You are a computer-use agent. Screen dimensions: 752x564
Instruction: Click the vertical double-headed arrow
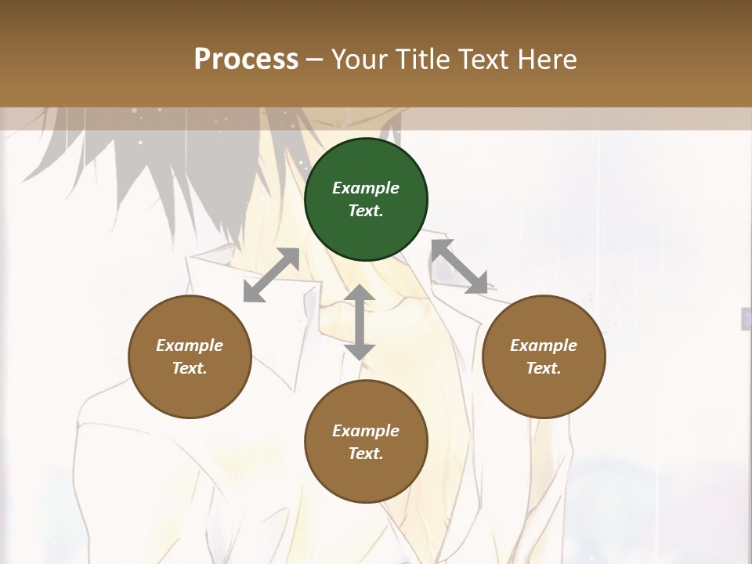point(360,322)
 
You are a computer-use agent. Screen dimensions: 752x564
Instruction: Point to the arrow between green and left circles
point(271,275)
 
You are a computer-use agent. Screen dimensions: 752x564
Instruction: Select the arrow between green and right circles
point(459,266)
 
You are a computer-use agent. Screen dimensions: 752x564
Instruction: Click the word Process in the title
point(246,59)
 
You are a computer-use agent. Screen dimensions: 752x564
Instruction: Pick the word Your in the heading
point(360,59)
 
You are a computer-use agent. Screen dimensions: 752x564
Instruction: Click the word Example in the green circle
point(366,188)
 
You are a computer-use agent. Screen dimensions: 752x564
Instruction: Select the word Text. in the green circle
point(366,211)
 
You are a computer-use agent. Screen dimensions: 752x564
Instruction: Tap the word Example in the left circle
point(190,345)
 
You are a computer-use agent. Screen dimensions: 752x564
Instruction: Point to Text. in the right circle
point(544,368)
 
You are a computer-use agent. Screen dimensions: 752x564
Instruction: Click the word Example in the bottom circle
point(366,431)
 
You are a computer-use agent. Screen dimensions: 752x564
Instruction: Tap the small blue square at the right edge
point(747,318)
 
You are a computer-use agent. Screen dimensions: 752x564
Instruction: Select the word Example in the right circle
point(544,345)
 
